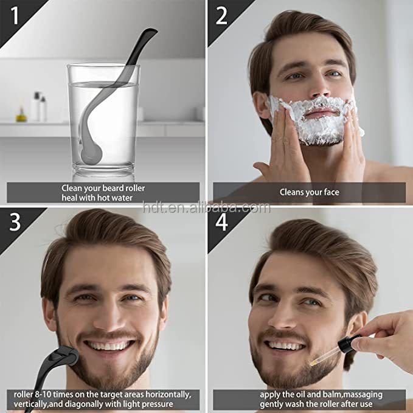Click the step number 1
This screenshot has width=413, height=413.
coord(14,14)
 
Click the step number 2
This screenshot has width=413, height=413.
coord(221,15)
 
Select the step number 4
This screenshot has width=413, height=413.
coord(221,222)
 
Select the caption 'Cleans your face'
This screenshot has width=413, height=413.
coord(309,192)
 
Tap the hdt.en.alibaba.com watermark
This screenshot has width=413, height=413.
coord(206,207)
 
